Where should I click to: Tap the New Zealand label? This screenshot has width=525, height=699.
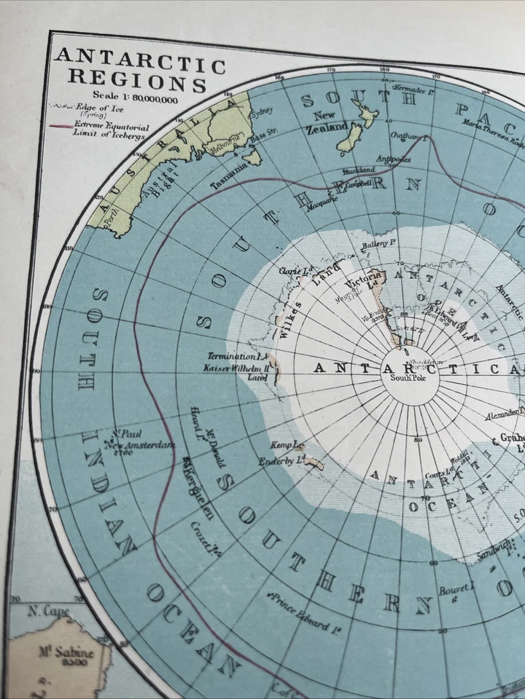(330, 122)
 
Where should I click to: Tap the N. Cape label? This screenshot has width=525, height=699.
(49, 611)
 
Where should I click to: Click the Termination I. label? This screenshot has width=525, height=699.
(235, 357)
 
